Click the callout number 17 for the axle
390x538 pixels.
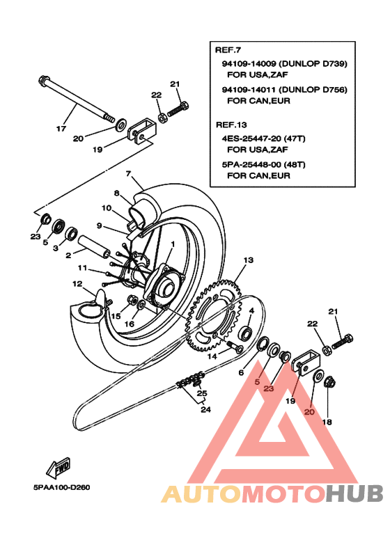[61, 128]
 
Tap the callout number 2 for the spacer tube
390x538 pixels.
[69, 255]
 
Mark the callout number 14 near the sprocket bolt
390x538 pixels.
[212, 356]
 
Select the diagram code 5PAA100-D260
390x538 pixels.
[61, 487]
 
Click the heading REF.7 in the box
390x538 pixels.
[227, 51]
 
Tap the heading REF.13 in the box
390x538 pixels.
[230, 125]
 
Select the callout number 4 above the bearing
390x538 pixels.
[251, 310]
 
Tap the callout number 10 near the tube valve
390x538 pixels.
[107, 207]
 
